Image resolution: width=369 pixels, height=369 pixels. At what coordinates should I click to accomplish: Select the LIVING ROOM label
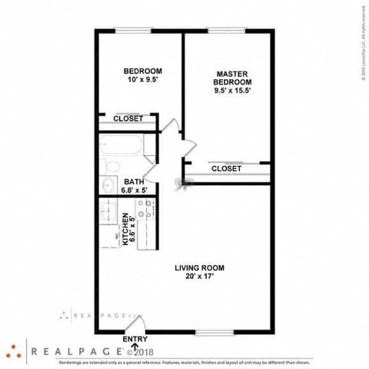(200, 268)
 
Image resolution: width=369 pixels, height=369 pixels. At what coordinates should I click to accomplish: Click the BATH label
(134, 181)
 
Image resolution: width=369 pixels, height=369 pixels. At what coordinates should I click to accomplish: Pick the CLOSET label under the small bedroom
(128, 119)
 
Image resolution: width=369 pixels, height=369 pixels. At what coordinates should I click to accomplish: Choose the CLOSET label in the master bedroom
(226, 168)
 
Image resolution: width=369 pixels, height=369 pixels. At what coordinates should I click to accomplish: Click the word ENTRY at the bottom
(135, 340)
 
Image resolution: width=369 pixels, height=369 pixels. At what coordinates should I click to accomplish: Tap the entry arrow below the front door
(135, 347)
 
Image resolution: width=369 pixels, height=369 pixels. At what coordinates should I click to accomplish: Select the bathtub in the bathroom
(120, 144)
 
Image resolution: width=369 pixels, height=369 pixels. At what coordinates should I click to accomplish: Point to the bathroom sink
(108, 186)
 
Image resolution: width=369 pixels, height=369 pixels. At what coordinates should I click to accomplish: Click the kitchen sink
(106, 212)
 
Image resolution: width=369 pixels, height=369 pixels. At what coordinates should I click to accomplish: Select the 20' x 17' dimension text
(200, 277)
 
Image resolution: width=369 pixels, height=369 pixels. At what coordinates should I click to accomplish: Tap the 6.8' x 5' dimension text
(135, 190)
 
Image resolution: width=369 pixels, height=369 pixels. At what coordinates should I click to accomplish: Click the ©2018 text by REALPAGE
(140, 352)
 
